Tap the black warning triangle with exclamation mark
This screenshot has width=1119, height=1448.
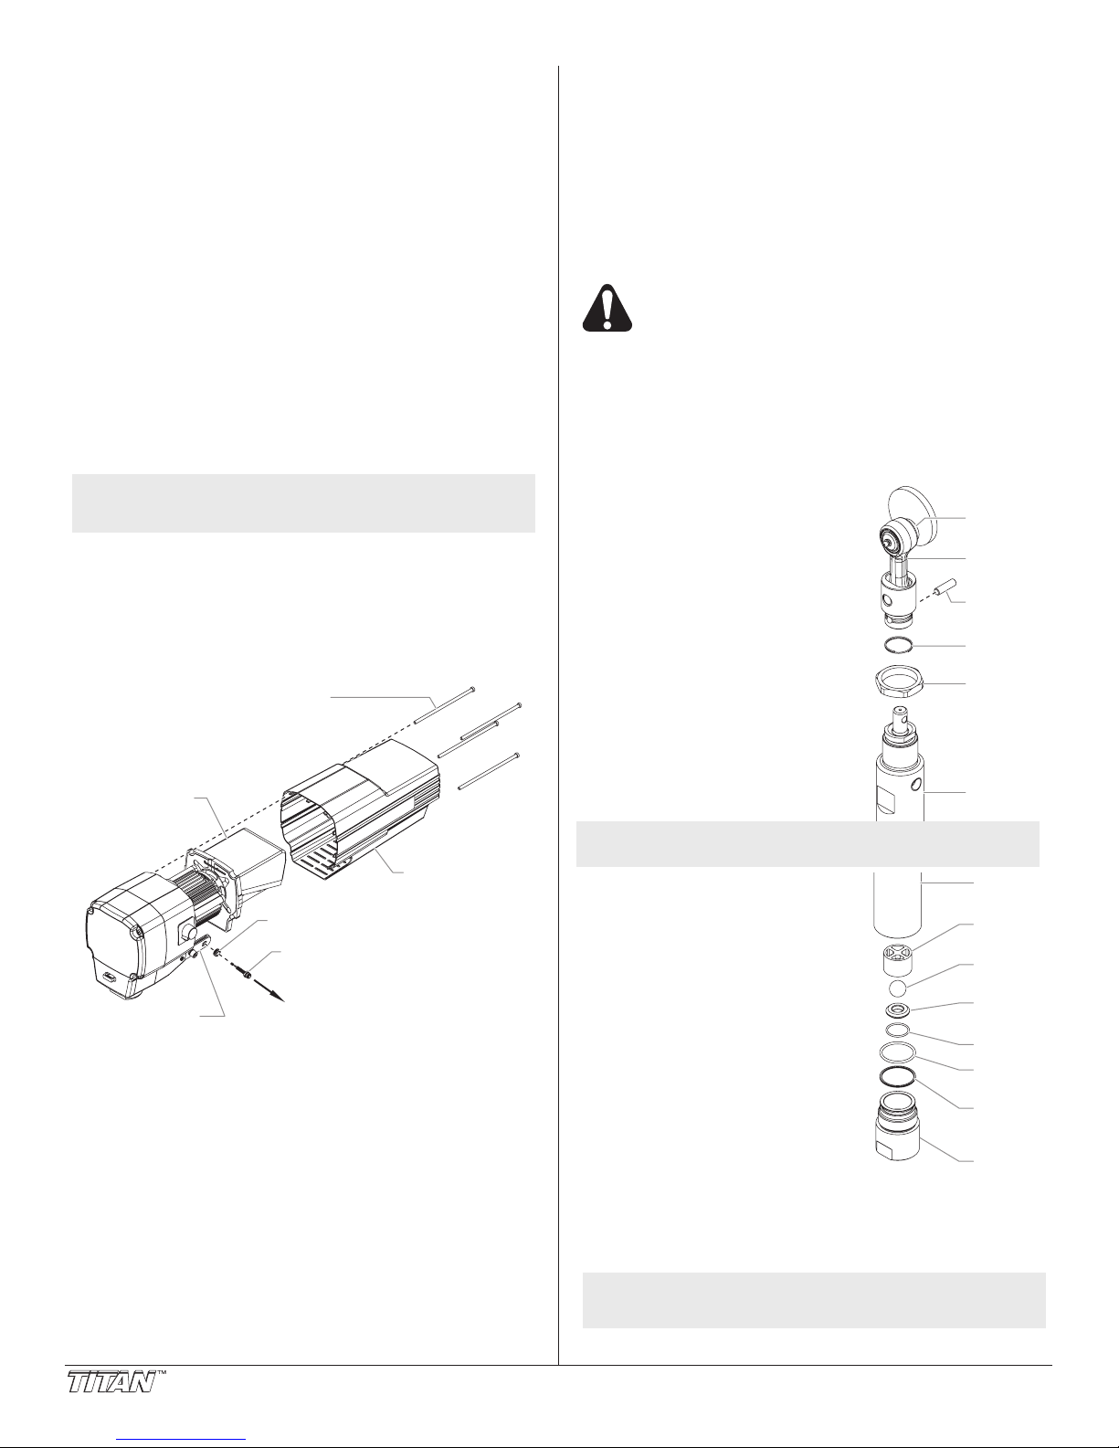coord(607,309)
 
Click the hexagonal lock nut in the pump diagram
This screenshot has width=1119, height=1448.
coord(899,683)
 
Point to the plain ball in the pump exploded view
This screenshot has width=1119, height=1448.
coord(898,988)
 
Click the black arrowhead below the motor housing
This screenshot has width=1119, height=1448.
coord(279,996)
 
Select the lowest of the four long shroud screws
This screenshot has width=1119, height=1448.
coord(488,772)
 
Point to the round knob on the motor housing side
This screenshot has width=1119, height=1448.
coord(187,932)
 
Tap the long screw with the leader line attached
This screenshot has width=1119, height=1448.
coord(444,705)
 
